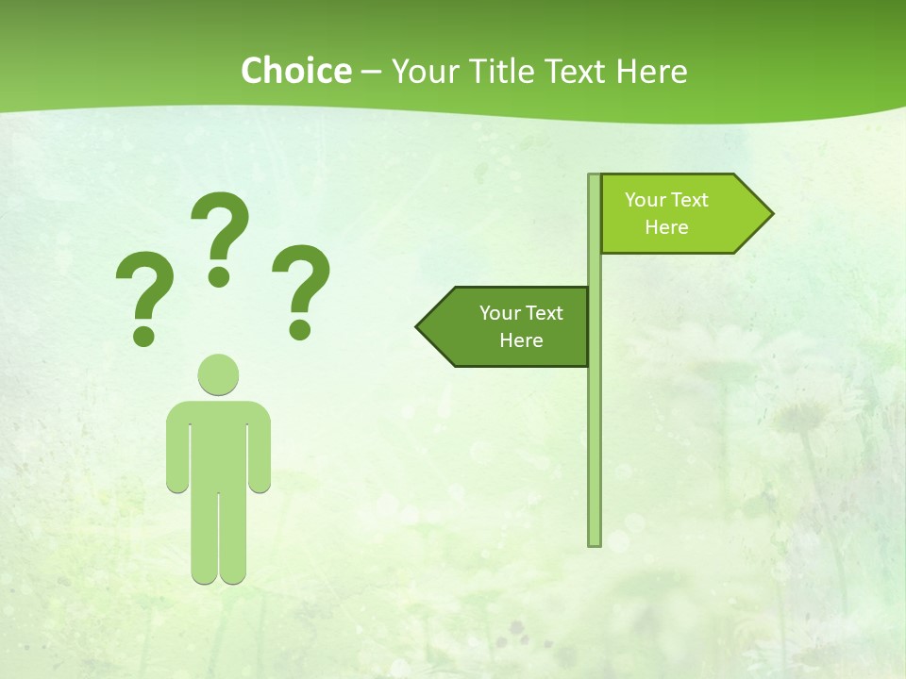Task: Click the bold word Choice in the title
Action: click(295, 72)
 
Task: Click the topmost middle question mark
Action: click(220, 231)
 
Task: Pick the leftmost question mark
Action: click(144, 292)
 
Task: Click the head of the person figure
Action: click(218, 374)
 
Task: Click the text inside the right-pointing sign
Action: click(666, 213)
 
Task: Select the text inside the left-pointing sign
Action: click(521, 326)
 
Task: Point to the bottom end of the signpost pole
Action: click(595, 541)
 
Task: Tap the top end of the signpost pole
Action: click(595, 177)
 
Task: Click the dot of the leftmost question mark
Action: click(144, 335)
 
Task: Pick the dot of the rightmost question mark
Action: click(300, 329)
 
